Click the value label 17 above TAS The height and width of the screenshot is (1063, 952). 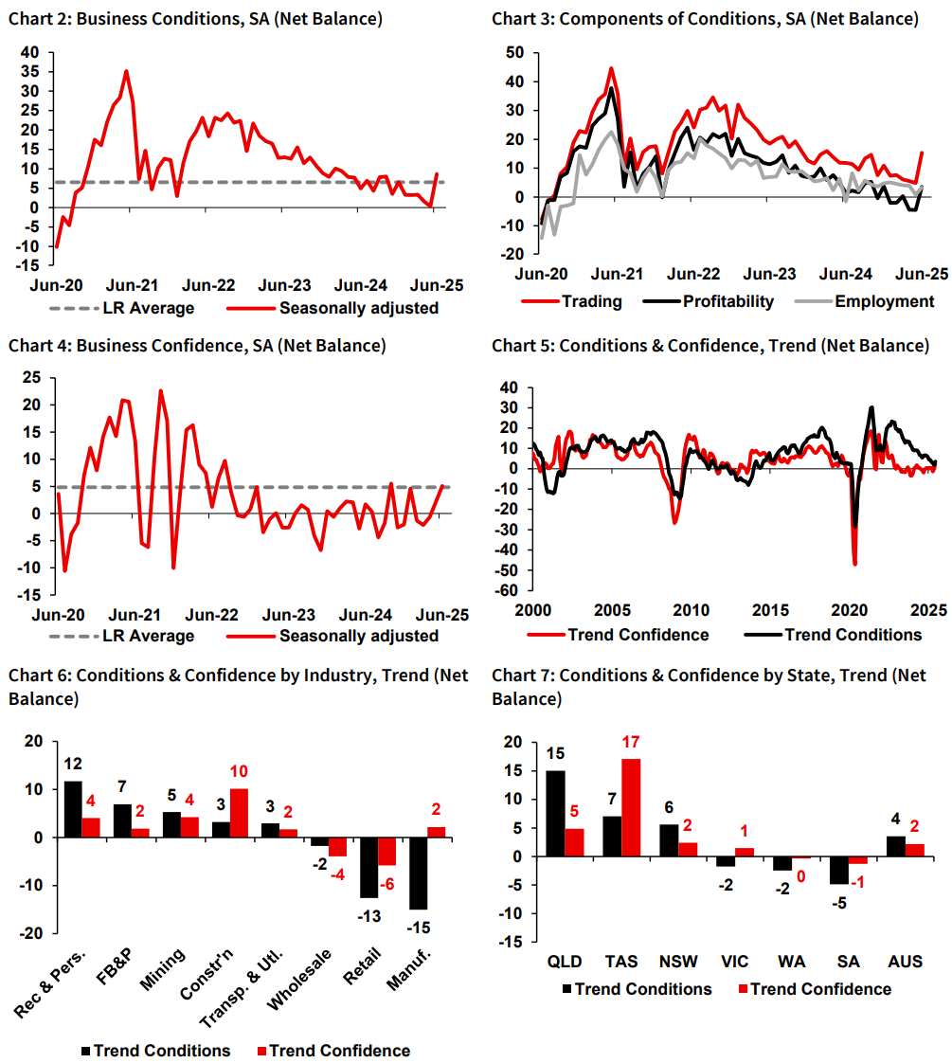point(632,745)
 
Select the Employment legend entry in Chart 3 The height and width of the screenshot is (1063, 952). point(871,301)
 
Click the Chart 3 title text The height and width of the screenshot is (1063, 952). point(705,19)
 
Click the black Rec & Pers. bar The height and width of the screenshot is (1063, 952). point(72,809)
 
